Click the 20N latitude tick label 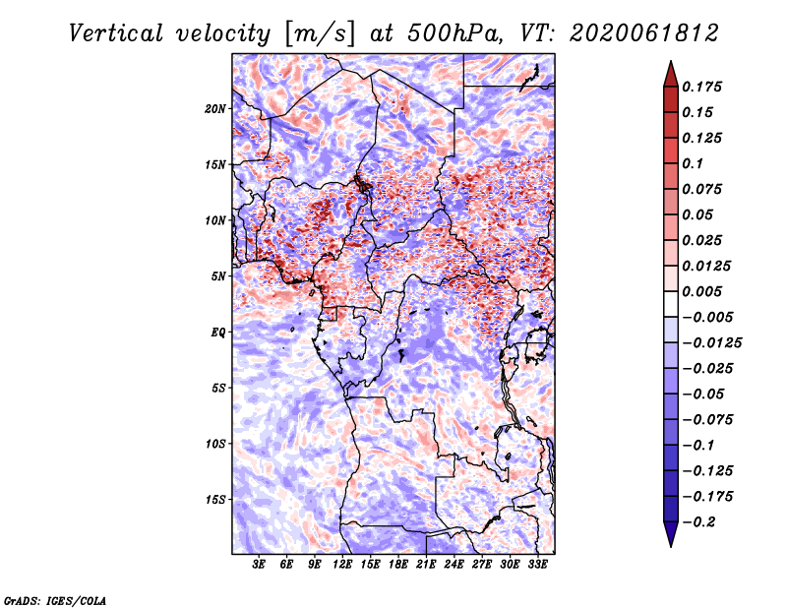click(215, 109)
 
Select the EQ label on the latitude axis click(218, 333)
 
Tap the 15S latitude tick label click(215, 500)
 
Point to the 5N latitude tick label click(218, 276)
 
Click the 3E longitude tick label click(259, 565)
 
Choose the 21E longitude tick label click(426, 565)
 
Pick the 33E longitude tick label click(537, 565)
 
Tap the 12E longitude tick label click(342, 565)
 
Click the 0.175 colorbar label click(701, 87)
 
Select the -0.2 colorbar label click(698, 522)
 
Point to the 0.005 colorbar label click(701, 291)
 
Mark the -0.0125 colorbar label click(711, 343)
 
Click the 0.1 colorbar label click(693, 163)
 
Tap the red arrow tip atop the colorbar click(671, 62)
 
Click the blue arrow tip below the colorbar click(671, 546)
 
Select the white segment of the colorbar click(671, 304)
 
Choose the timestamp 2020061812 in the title click(644, 33)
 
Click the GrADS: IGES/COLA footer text click(55, 601)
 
